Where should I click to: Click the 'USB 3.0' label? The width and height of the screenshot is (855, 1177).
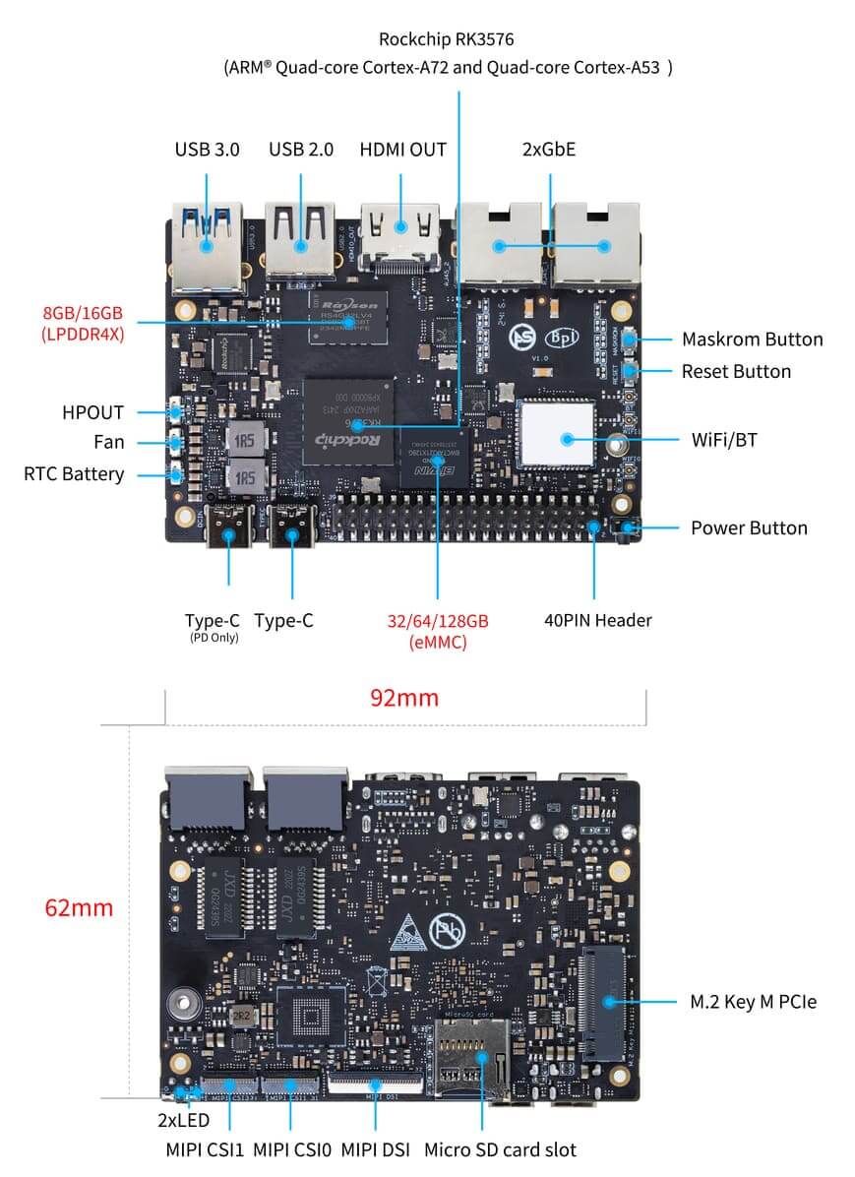207,150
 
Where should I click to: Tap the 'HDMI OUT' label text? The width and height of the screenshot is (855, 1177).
402,150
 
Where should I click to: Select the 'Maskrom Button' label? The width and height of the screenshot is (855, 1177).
752,340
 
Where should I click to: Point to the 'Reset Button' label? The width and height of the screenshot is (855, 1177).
736,371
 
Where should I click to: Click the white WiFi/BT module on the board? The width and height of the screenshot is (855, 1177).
557,434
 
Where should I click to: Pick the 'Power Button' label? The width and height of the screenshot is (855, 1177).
749,527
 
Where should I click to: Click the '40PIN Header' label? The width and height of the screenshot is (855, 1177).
597,620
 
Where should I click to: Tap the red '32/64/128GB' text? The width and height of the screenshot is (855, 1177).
437,621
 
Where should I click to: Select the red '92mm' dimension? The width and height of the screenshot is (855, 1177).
403,698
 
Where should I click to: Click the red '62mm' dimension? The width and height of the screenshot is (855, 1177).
79,907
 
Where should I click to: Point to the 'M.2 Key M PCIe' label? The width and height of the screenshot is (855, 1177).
753,1002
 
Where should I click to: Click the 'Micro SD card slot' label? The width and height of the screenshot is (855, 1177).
500,1149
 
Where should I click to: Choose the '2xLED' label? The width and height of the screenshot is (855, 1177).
183,1120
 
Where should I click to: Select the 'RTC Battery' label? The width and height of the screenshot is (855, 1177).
74,474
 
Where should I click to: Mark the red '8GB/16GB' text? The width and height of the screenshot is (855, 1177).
83,313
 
